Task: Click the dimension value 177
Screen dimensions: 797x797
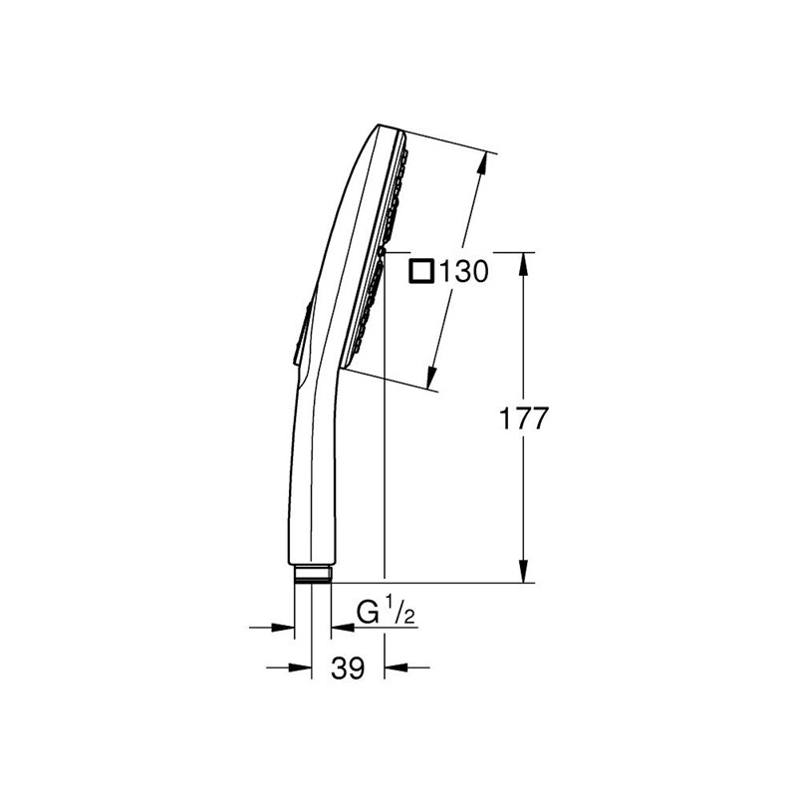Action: click(524, 418)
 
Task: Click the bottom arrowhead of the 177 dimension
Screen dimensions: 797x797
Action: click(524, 574)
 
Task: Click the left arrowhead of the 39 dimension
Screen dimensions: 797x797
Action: click(305, 668)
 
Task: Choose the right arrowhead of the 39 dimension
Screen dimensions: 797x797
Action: click(392, 668)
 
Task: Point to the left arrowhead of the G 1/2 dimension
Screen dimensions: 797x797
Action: click(289, 628)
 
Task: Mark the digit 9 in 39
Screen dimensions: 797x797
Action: click(356, 668)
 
